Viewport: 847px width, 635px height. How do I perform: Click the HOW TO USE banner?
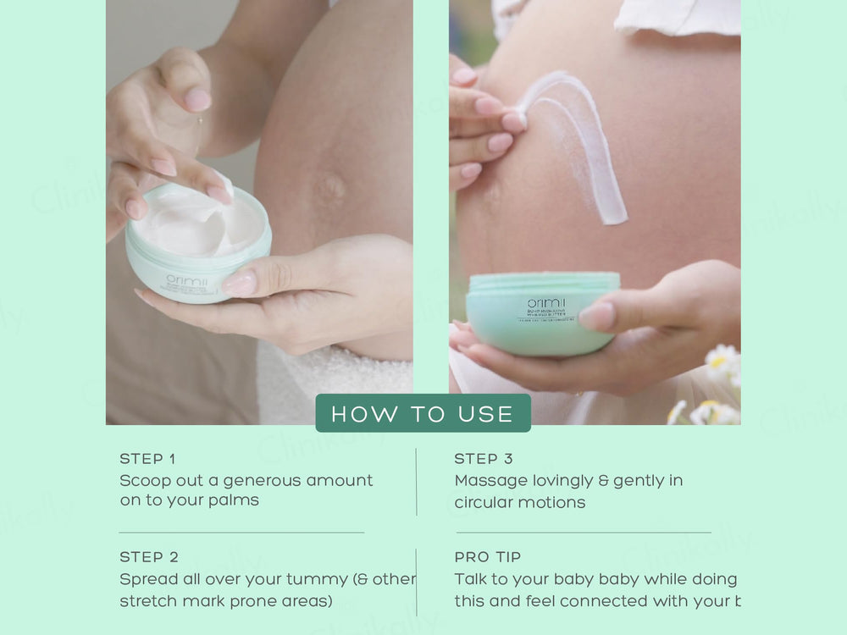click(423, 413)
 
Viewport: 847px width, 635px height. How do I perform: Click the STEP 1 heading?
click(147, 459)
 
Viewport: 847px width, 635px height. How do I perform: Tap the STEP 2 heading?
click(149, 557)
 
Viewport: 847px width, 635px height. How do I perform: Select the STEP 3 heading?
click(484, 459)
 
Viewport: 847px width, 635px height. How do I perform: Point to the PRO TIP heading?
click(488, 557)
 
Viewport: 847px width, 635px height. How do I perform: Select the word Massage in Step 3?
click(490, 481)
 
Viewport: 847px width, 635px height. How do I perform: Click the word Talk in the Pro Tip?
click(471, 580)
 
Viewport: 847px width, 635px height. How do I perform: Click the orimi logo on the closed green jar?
click(541, 304)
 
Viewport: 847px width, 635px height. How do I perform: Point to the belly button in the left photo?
click(330, 185)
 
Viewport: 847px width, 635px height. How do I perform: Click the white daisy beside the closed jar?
click(722, 362)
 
